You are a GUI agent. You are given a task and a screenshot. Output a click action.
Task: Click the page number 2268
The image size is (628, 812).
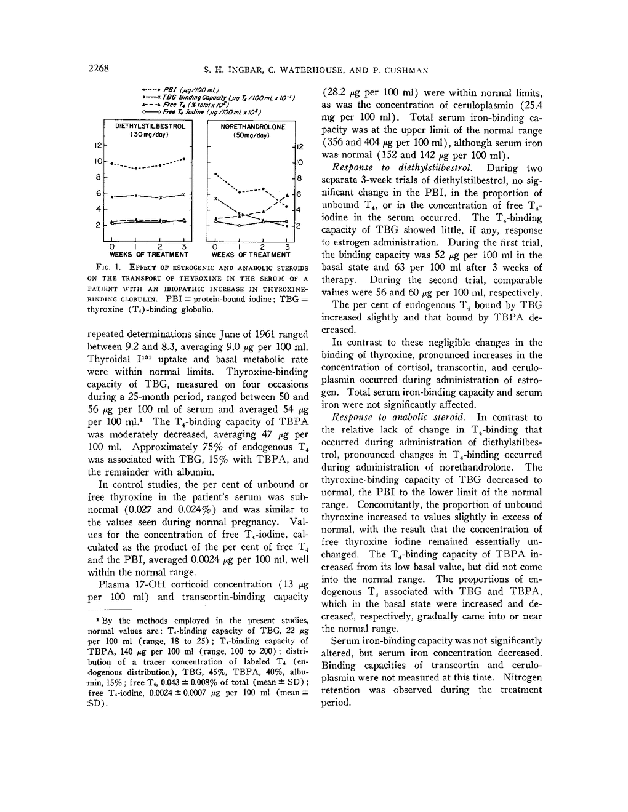point(99,68)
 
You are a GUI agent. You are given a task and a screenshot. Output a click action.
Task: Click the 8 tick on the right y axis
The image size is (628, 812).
point(300,178)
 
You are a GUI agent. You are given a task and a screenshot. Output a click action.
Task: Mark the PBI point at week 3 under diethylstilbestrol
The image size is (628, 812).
point(185,159)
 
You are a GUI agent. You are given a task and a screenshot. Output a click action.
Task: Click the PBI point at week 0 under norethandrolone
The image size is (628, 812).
point(215,175)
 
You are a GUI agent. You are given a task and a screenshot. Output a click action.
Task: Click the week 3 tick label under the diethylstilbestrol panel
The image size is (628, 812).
point(184,247)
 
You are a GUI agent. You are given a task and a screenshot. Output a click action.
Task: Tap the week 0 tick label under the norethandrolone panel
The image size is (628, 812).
point(215,247)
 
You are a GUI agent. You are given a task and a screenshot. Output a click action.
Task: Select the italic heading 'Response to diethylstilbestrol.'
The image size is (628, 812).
point(376,167)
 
